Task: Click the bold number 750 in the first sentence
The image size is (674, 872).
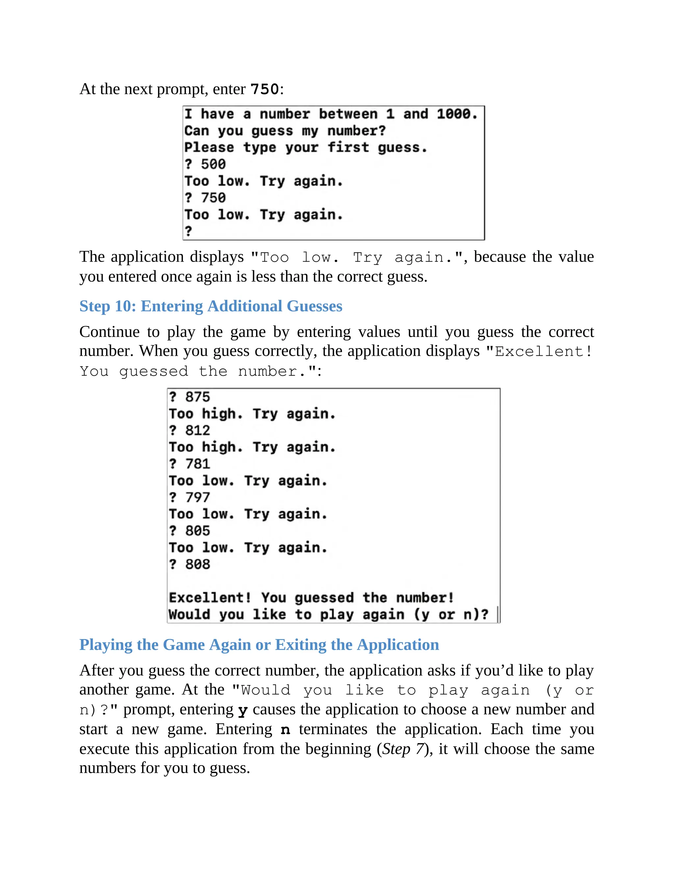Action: coord(264,89)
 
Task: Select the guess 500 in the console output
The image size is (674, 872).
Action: coord(213,164)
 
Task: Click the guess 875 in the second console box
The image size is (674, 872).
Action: coord(198,397)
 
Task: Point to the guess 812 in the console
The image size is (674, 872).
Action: coord(198,430)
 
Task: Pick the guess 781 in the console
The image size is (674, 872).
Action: coord(198,464)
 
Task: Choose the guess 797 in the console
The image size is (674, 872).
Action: coord(198,498)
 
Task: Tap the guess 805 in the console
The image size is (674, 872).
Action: coord(198,531)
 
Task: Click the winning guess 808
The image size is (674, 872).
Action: coord(198,565)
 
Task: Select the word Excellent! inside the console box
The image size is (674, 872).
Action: coord(210,598)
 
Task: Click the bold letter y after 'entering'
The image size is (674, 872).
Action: coord(243,710)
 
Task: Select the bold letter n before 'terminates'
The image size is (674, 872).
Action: coord(285,730)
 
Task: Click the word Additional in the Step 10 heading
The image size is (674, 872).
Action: coord(245,306)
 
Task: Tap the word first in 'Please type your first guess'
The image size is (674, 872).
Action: coord(348,148)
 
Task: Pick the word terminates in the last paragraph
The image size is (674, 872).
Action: coord(333,730)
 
